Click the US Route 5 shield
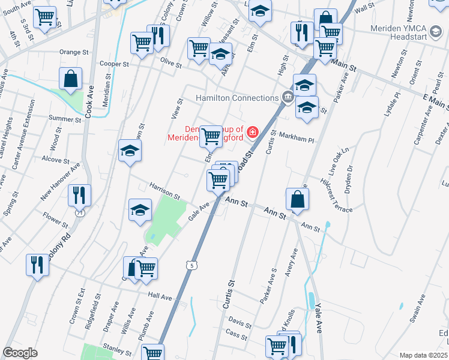tap(191, 265)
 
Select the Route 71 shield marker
tap(79, 212)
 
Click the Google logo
tap(20, 353)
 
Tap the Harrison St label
tap(164, 191)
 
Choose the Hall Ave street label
tap(160, 296)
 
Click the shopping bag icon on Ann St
tap(298, 198)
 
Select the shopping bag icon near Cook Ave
tap(71, 78)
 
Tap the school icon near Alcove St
tap(129, 151)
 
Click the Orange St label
tap(74, 52)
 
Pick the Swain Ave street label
tap(418, 314)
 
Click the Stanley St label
tap(117, 347)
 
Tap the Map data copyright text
tap(423, 355)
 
